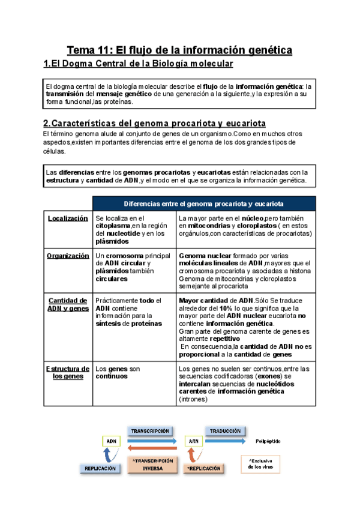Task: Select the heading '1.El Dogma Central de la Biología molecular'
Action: pyautogui.click(x=138, y=64)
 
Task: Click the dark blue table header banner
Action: pyautogui.click(x=204, y=203)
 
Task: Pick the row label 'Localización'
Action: pyautogui.click(x=68, y=218)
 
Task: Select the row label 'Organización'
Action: pyautogui.click(x=68, y=256)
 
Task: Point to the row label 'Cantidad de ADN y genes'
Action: pyautogui.click(x=68, y=304)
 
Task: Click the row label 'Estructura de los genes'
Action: pyautogui.click(x=68, y=372)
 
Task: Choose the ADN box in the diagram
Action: pyautogui.click(x=111, y=441)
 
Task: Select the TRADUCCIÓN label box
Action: pyautogui.click(x=226, y=430)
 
